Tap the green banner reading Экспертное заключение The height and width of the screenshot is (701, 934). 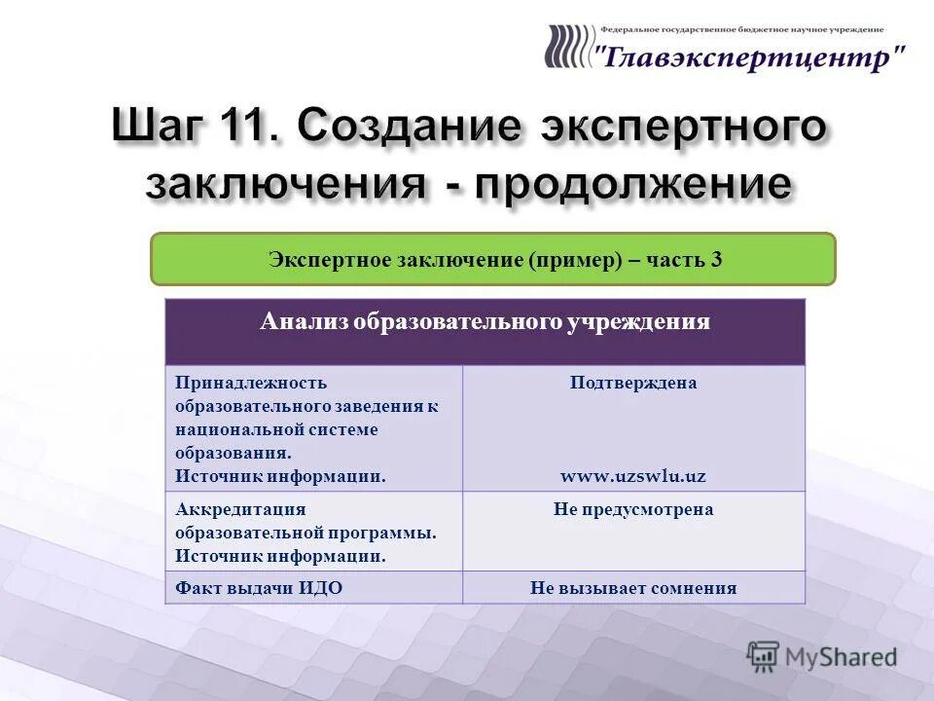point(493,259)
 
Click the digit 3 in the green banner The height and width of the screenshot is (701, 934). point(716,260)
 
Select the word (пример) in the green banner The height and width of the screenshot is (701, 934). point(576,260)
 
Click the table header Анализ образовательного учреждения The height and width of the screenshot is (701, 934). point(485,322)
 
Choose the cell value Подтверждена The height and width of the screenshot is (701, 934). point(632,383)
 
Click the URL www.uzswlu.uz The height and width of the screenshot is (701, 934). point(632,476)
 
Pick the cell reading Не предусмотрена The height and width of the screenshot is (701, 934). point(632,509)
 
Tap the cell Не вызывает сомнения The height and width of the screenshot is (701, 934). point(632,588)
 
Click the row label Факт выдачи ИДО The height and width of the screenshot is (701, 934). point(259,588)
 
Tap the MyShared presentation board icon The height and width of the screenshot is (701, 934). point(764,656)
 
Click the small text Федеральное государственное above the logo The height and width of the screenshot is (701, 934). point(671,30)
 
